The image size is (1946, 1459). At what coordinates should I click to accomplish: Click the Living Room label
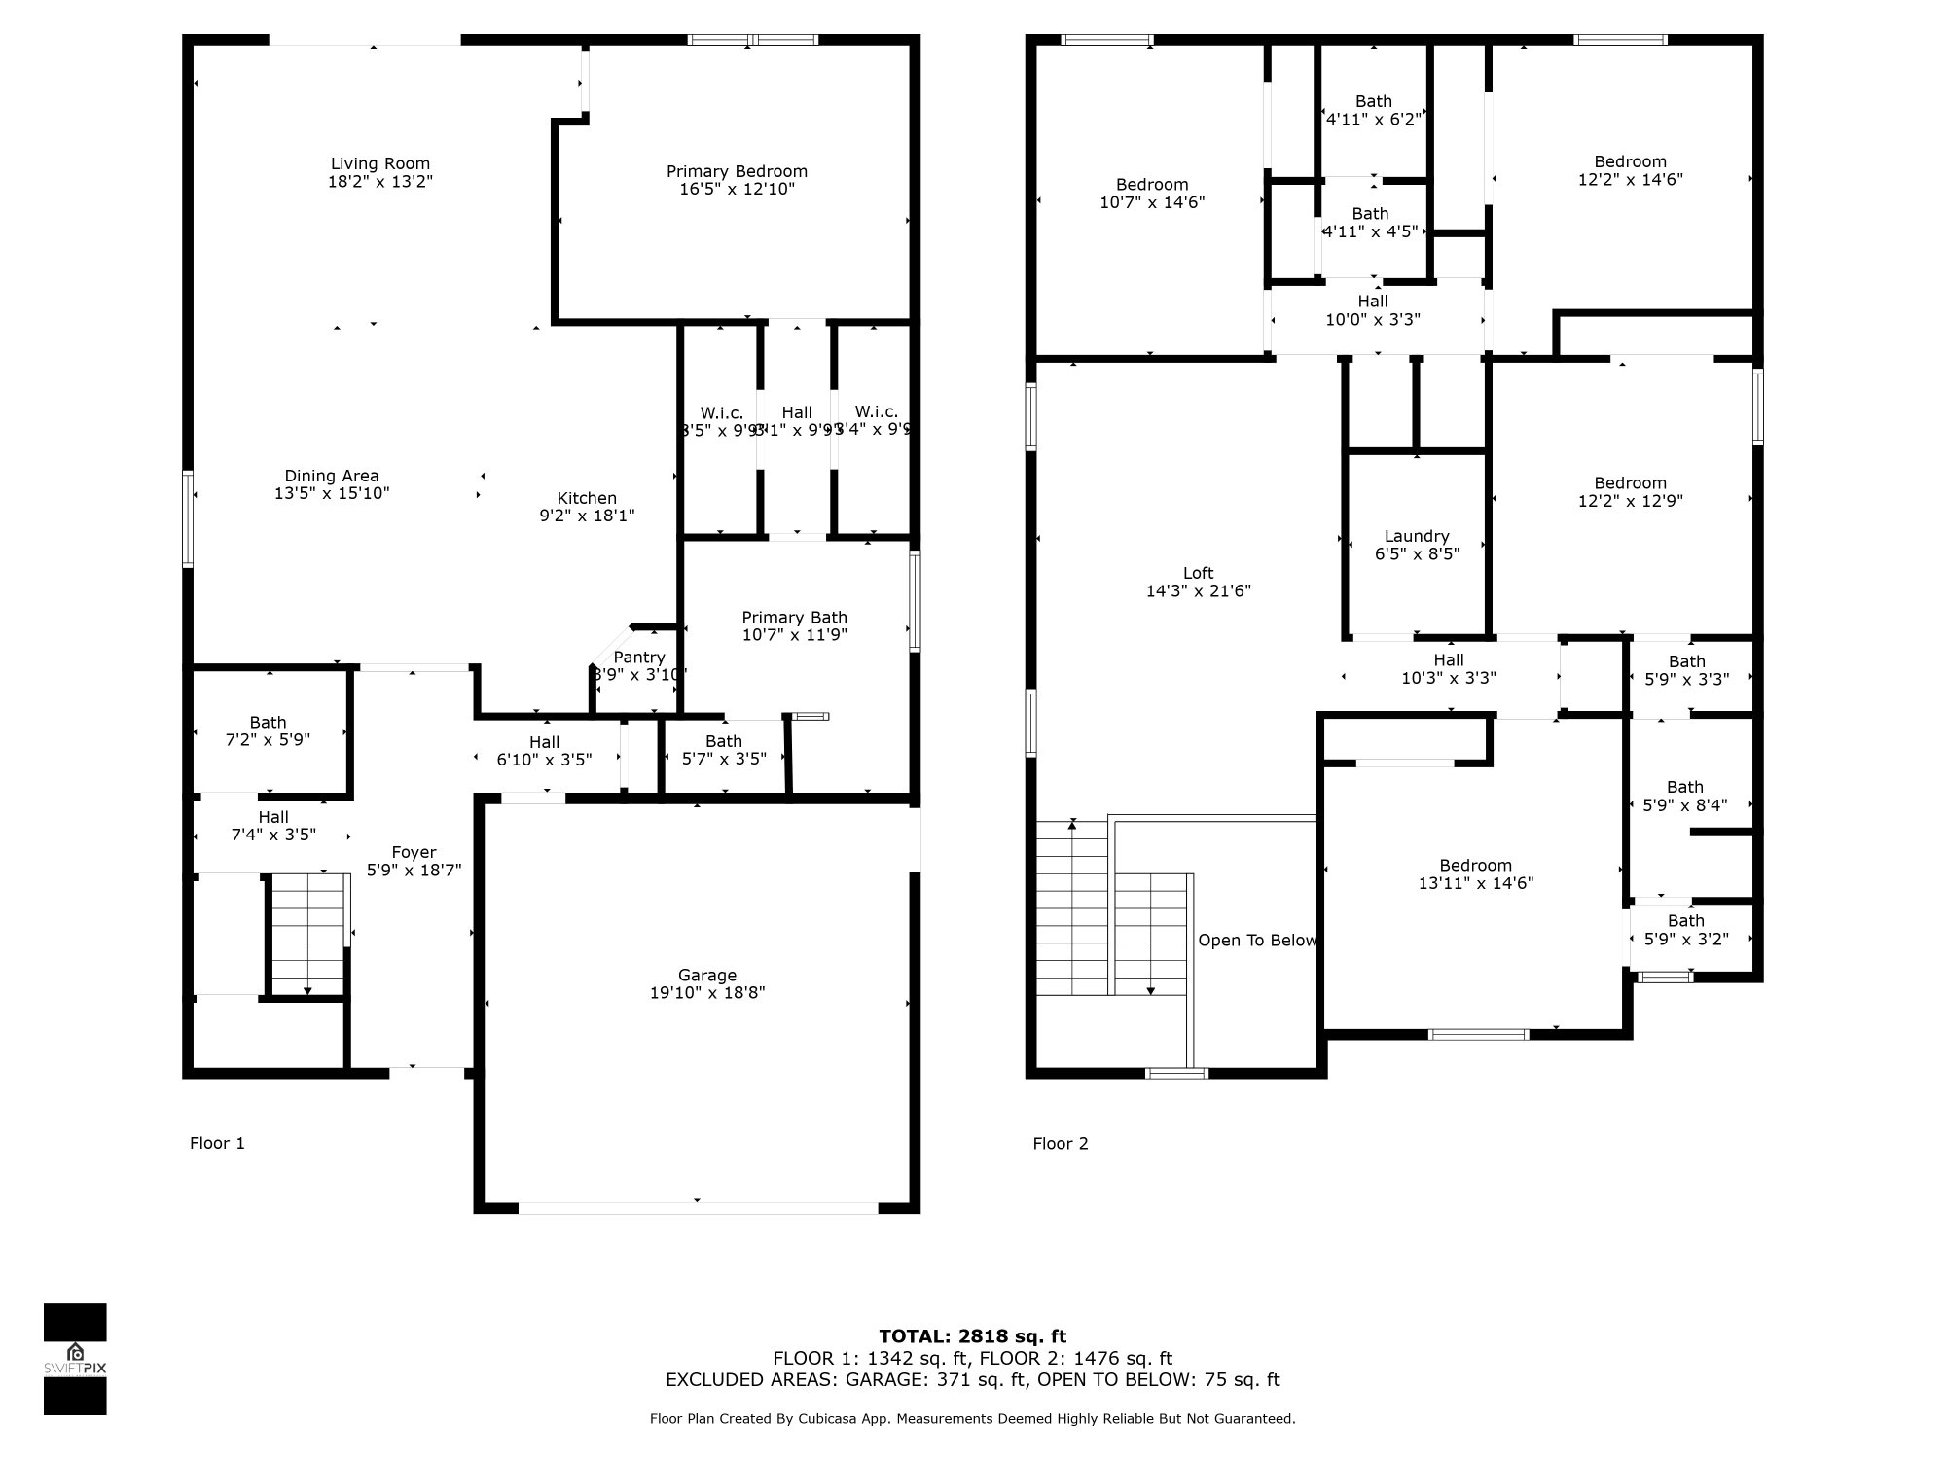click(x=379, y=164)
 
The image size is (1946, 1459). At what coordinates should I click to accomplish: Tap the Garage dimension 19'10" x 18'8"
click(x=707, y=993)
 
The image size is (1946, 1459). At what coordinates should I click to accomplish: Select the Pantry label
click(x=639, y=658)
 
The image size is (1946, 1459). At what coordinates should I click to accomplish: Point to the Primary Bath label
click(x=794, y=618)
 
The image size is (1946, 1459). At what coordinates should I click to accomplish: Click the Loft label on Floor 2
click(x=1198, y=574)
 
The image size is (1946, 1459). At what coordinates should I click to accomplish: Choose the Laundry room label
click(x=1417, y=537)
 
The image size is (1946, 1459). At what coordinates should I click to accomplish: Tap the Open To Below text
click(x=1257, y=941)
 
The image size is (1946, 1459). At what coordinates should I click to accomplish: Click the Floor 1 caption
click(x=217, y=1143)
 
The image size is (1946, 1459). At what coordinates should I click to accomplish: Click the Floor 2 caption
click(x=1060, y=1143)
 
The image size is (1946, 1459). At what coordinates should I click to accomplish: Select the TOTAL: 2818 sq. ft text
click(x=972, y=1336)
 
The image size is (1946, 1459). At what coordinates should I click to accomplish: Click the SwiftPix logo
click(x=75, y=1359)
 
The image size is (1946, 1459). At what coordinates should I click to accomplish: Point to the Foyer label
click(x=414, y=853)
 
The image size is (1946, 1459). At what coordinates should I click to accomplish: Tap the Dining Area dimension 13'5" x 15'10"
click(x=332, y=493)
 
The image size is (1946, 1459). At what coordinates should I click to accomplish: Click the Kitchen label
click(x=587, y=498)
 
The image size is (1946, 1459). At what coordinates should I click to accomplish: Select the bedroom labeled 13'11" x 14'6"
click(x=1475, y=874)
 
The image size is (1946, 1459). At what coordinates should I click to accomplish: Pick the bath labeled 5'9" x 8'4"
click(x=1684, y=797)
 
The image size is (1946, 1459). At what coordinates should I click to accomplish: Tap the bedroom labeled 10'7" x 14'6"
click(x=1152, y=194)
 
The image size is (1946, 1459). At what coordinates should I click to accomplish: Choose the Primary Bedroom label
click(x=737, y=172)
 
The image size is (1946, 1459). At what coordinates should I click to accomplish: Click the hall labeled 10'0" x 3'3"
click(x=1373, y=310)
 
